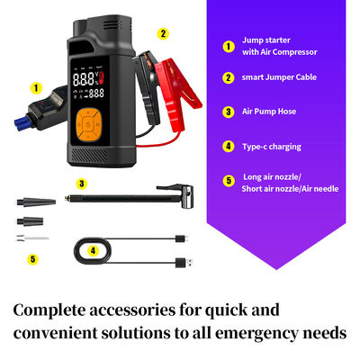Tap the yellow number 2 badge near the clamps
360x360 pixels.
(x=163, y=33)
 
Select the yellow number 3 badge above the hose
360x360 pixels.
(x=82, y=184)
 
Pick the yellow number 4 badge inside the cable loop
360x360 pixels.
(x=93, y=250)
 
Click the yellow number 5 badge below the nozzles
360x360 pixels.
(x=33, y=259)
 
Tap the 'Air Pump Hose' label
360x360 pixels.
(x=269, y=112)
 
